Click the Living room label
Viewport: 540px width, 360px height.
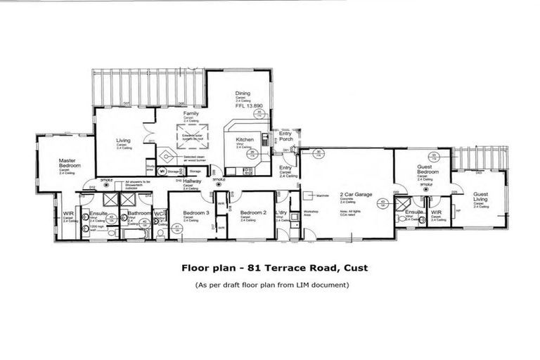(124, 141)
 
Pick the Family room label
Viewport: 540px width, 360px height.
(191, 113)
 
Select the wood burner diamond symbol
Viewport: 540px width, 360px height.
(165, 157)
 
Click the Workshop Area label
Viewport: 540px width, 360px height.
(310, 212)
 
